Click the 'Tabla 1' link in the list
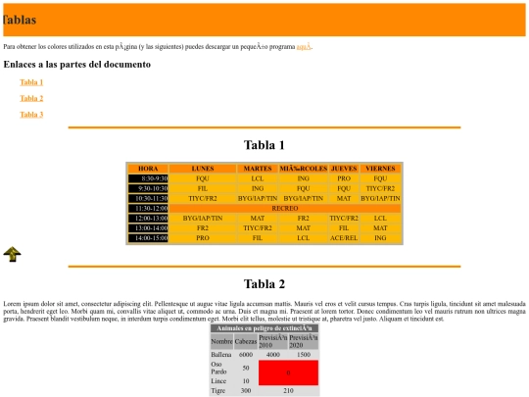[31, 82]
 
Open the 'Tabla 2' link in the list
[31, 98]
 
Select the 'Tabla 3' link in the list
[31, 115]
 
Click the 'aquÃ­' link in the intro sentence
[304, 46]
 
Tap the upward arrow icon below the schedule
[13, 255]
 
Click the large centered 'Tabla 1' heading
[264, 145]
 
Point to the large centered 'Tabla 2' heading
[264, 284]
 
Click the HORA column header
[148, 169]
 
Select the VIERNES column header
[380, 169]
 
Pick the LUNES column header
[203, 169]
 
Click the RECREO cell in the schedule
[284, 208]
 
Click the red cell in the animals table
[288, 372]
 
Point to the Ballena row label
[221, 354]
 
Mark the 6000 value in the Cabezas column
[246, 354]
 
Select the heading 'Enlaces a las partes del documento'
[77, 65]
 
